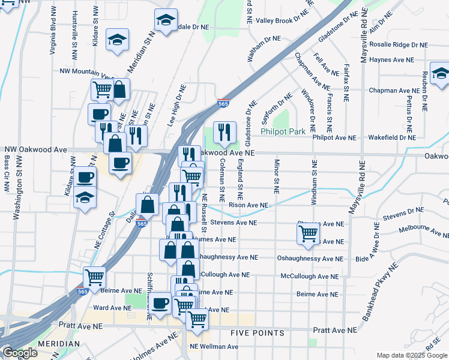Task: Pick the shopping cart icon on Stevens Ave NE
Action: point(308,233)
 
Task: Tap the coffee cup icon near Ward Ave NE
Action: point(160,304)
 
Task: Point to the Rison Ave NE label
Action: point(248,205)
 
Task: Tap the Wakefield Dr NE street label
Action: point(391,137)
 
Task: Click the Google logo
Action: point(20,353)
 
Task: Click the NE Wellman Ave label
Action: point(214,347)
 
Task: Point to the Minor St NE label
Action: point(277,176)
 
